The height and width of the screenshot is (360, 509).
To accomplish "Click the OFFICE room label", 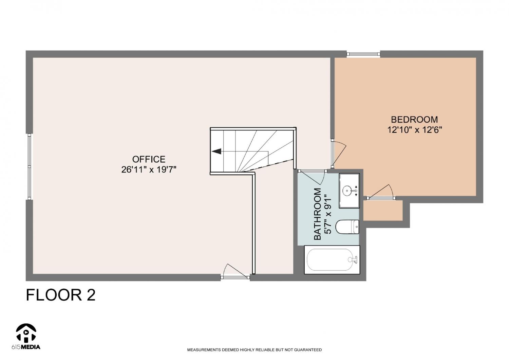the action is (149, 159).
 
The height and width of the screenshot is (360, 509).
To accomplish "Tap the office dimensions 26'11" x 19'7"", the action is (149, 170).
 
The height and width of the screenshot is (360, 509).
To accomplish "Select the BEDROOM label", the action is (414, 120).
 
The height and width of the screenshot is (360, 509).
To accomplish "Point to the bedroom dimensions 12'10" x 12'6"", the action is (414, 130).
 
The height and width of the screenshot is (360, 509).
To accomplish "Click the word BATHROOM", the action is (317, 214).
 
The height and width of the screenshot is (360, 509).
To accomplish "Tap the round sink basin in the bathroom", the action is (347, 190).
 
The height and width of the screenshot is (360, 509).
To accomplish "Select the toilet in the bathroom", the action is (347, 227).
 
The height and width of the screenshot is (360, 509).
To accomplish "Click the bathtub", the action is (332, 260).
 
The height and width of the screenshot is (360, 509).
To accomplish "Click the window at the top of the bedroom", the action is (363, 54).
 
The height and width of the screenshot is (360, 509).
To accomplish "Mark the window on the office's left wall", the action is (29, 166).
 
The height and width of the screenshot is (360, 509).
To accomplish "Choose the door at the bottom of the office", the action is (235, 272).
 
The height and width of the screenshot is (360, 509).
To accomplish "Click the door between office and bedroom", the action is (338, 154).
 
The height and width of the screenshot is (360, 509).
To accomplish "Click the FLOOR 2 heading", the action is (61, 295).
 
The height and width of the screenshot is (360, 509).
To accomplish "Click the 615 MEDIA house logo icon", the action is (26, 333).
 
